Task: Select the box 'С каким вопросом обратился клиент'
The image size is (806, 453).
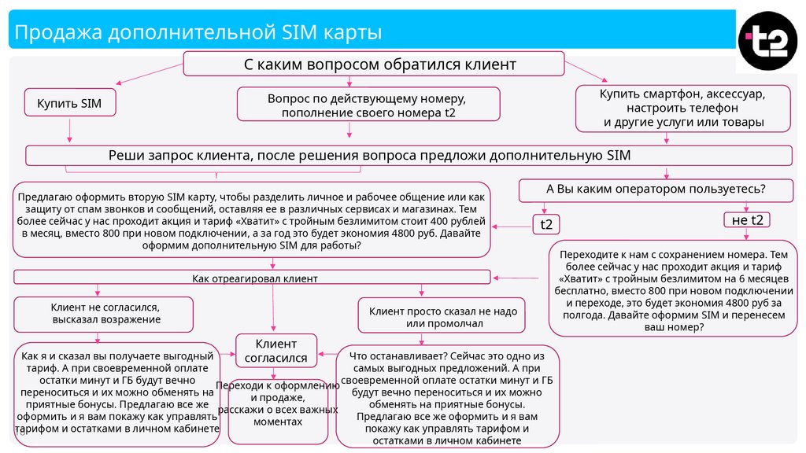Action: pyautogui.click(x=374, y=64)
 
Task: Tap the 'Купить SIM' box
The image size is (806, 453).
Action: pyautogui.click(x=69, y=103)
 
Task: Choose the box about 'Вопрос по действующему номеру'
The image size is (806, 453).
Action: pyautogui.click(x=368, y=104)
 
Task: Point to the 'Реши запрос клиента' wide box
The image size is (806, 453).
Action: pyautogui.click(x=409, y=156)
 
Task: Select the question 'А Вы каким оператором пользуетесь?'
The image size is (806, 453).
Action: pyautogui.click(x=656, y=190)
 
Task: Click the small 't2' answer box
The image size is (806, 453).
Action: pyautogui.click(x=546, y=225)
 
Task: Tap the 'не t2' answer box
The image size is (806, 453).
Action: pyautogui.click(x=748, y=219)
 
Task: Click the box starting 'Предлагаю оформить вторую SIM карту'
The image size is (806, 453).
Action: pyautogui.click(x=252, y=221)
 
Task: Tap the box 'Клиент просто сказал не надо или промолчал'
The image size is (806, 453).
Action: pyautogui.click(x=438, y=317)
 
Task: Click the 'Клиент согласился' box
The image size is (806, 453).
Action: pyautogui.click(x=276, y=351)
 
